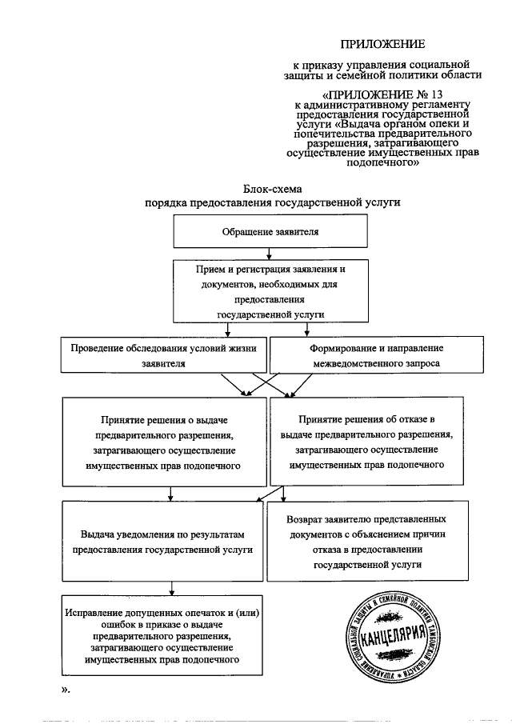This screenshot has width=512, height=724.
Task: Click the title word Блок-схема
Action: pos(270,189)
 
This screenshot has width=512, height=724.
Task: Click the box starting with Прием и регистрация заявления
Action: pos(270,291)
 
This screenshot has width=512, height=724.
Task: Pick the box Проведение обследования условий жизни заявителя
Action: pos(164,355)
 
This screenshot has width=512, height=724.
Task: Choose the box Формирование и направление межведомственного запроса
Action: pos(366,355)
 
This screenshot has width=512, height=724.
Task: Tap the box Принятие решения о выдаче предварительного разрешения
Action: pos(164,441)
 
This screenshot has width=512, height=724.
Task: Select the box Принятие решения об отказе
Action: pos(366,441)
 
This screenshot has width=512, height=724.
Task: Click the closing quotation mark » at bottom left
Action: pos(67,690)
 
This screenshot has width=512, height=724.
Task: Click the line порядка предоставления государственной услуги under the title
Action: pos(270,203)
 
